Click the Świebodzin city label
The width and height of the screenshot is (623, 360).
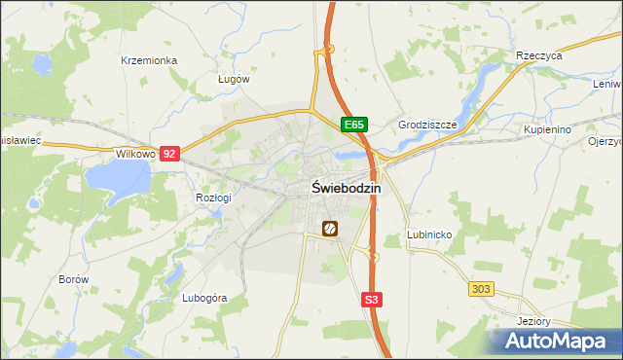point(347,189)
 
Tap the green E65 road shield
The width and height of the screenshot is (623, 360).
point(353,126)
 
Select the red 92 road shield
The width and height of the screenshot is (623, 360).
point(170,154)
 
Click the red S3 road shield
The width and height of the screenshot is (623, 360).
point(371,301)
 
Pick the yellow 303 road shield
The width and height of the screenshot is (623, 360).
point(481,289)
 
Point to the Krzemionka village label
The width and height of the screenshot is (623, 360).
point(149,60)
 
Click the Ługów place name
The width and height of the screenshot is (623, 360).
point(235,80)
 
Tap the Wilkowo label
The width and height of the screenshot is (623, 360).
point(135,154)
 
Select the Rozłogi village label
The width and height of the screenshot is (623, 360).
point(213,198)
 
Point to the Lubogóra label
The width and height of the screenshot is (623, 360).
point(204,298)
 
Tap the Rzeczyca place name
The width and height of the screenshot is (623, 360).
point(540,56)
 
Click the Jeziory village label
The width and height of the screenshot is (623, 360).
point(535,321)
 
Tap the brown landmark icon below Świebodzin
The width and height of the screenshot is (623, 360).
point(330,229)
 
